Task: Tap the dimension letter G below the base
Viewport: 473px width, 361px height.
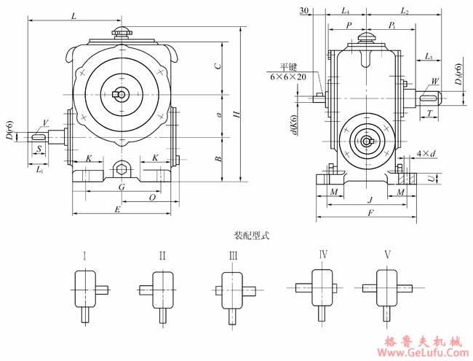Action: pos(122,187)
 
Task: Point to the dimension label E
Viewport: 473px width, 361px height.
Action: pos(118,209)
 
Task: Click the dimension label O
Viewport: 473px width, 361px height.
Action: pos(152,197)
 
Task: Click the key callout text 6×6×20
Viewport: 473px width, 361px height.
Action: pos(287,77)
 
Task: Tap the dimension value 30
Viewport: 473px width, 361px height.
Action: pos(304,10)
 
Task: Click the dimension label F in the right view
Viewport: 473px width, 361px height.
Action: pos(370,213)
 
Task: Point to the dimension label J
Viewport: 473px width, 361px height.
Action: pos(370,199)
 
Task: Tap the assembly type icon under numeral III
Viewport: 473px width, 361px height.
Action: pos(234,292)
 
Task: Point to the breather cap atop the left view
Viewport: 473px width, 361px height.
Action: pos(121,33)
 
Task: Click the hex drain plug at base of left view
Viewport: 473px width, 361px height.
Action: pos(121,170)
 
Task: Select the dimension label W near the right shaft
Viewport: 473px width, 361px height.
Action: pos(435,81)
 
